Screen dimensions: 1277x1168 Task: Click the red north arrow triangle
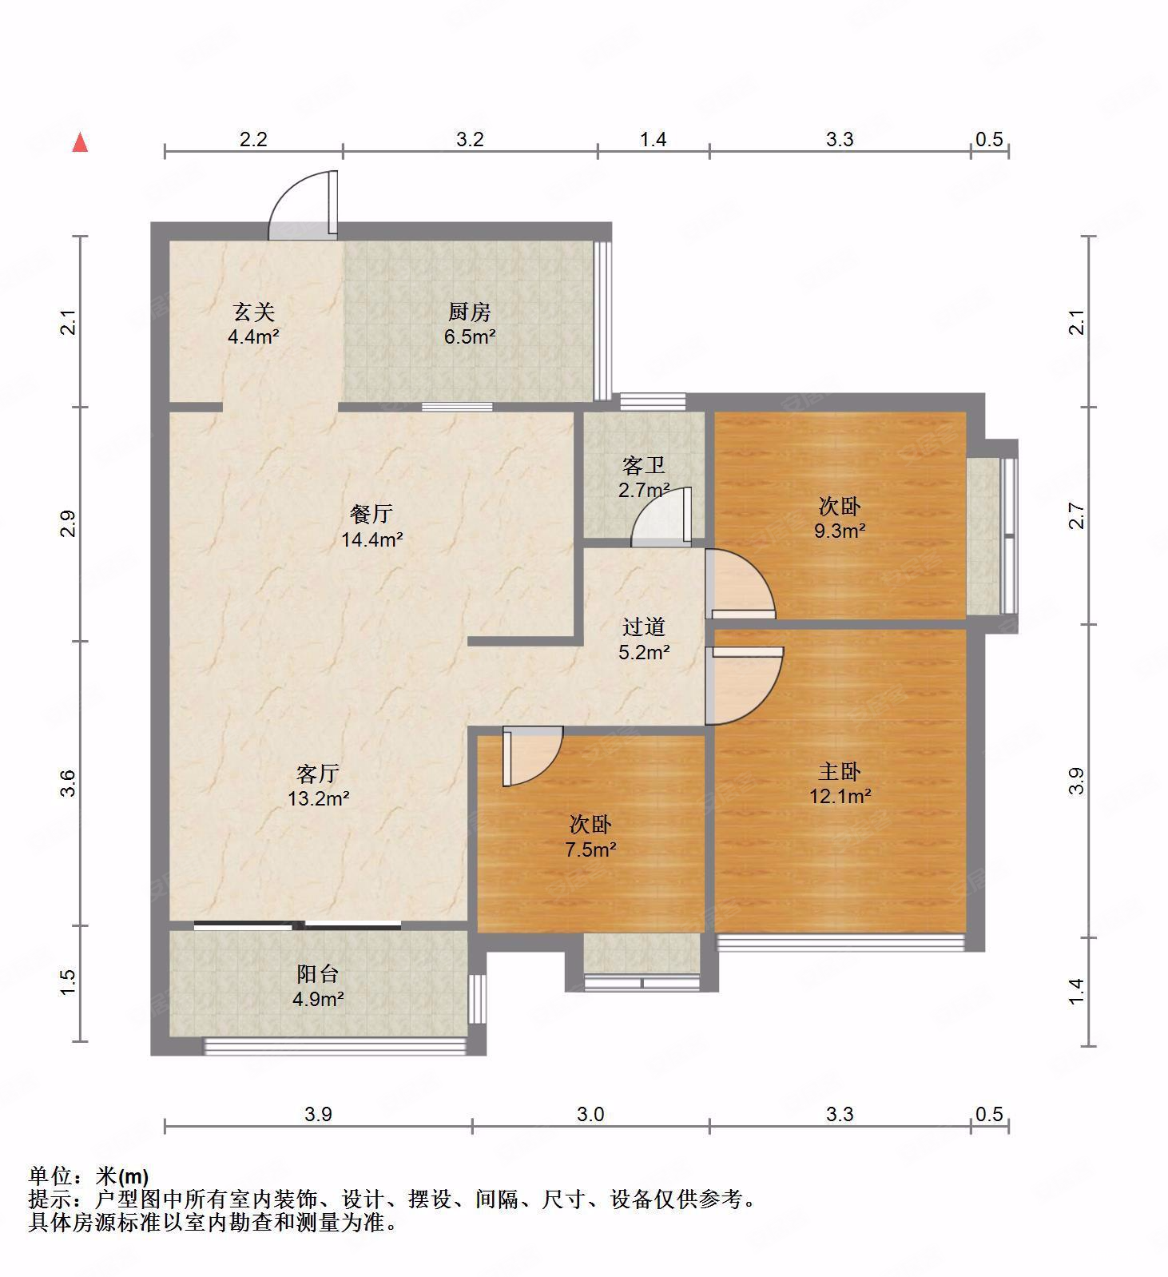80,143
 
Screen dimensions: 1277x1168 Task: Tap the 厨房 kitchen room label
469,312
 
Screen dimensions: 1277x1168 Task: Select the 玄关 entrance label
253,312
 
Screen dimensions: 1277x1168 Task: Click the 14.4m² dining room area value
371,539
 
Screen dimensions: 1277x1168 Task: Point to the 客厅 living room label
318,773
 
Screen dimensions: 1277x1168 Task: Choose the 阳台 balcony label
318,973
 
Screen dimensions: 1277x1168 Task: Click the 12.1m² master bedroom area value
840,796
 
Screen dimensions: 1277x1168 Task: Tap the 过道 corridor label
643,627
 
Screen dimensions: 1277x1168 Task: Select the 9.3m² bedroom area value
840,531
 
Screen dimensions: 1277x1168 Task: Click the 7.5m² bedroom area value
590,849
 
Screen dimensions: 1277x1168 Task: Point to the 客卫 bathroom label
643,465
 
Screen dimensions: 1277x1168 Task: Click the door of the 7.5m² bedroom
531,755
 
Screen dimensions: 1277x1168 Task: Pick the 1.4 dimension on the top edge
653,139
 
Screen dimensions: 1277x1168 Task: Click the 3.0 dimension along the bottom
590,1113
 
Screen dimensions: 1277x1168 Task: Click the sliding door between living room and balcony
297,925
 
